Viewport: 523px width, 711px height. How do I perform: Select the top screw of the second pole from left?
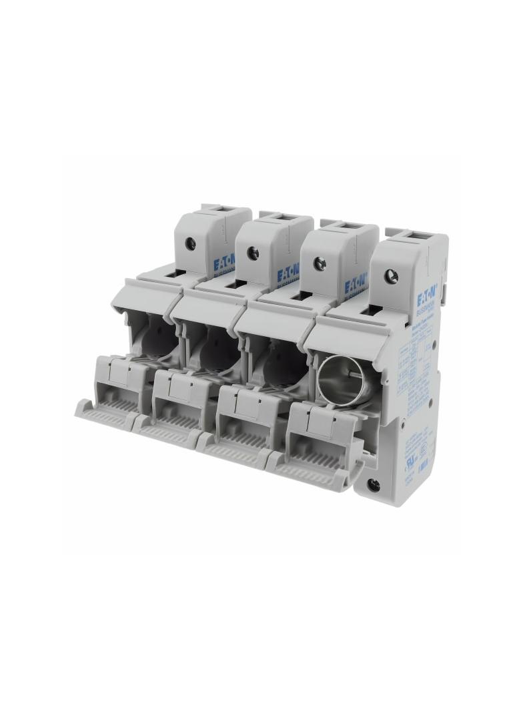pos(253,252)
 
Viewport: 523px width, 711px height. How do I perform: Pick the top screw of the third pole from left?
pos(319,263)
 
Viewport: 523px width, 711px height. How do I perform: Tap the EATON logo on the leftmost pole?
pos(223,266)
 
